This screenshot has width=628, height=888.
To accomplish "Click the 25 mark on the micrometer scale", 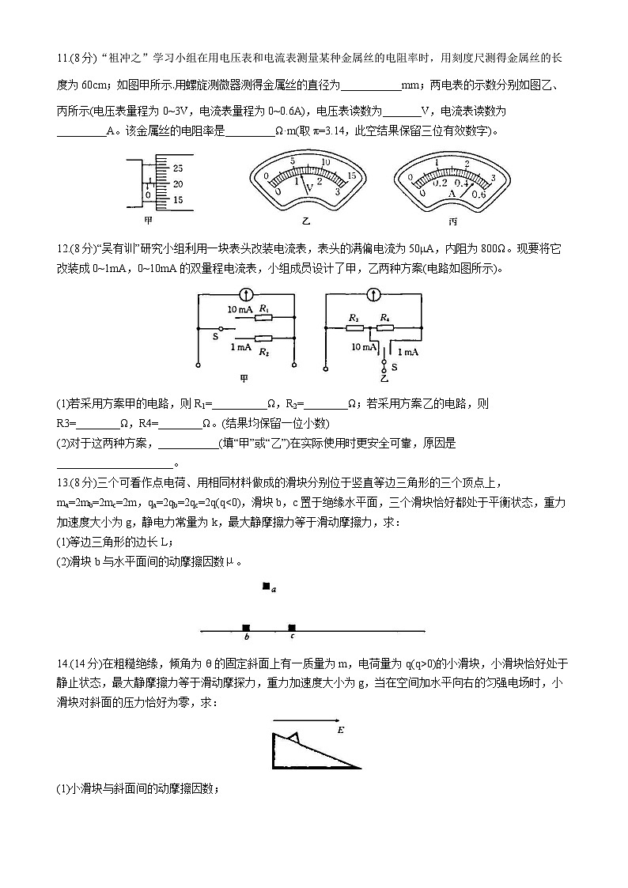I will pyautogui.click(x=177, y=168).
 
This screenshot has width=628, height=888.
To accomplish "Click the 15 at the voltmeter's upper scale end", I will pyautogui.click(x=353, y=176).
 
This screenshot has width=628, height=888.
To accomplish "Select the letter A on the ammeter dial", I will pyautogui.click(x=452, y=192).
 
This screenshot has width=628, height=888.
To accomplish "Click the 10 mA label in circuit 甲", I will pyautogui.click(x=240, y=310).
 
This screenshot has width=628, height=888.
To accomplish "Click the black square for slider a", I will pyautogui.click(x=267, y=587).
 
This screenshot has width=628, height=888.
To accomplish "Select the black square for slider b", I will pyautogui.click(x=246, y=627).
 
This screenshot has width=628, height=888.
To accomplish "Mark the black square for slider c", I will pyautogui.click(x=292, y=627).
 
